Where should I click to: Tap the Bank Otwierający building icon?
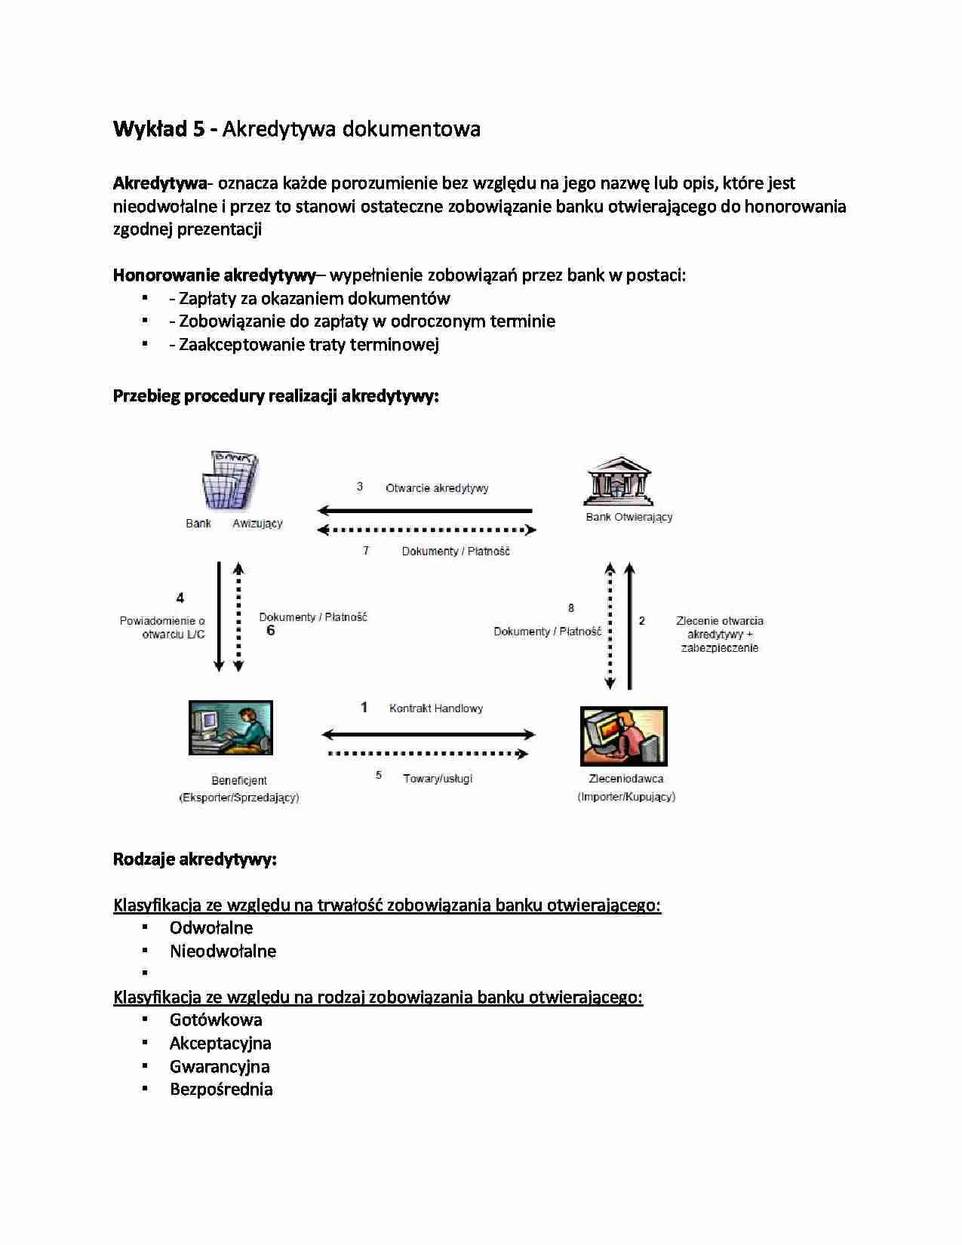coord(618,481)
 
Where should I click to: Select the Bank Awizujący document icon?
coord(230,481)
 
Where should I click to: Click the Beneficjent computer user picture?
coord(231,728)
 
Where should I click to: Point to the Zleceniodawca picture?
coord(624,736)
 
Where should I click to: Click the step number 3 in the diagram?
coord(360,487)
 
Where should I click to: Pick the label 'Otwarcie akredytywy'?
coord(437,488)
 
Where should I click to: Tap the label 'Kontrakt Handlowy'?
coord(435,709)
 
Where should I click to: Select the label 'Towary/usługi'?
coord(438,779)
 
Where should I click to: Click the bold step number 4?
coord(180,598)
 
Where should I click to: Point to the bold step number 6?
coord(270,631)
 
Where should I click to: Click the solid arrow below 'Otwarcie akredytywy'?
coord(426,511)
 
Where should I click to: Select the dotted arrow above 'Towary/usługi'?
coord(428,754)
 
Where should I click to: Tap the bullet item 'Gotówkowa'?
coord(216,1020)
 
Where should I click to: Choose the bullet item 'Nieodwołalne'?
coord(223,951)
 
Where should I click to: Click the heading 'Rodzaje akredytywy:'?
coord(195,859)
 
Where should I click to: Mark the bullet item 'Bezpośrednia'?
coord(221,1090)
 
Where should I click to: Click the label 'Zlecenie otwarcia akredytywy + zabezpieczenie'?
coord(719,635)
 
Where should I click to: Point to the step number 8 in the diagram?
coord(571,608)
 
